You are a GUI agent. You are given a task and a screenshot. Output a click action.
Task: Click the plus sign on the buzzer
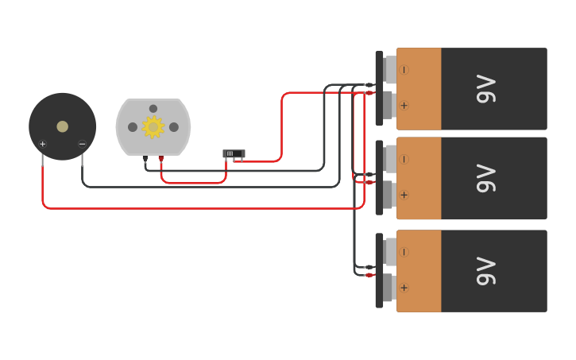[42, 144]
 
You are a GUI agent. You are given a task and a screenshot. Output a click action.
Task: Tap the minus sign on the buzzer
[82, 144]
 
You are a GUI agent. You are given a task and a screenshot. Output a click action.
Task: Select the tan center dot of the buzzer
[62, 126]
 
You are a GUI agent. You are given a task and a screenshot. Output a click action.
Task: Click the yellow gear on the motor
[153, 127]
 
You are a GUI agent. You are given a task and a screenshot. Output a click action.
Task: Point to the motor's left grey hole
[133, 127]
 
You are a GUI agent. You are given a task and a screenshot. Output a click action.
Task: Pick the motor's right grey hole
[173, 127]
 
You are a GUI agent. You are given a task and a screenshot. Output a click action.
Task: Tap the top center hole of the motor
[153, 109]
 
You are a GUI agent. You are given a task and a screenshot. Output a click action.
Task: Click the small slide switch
[234, 153]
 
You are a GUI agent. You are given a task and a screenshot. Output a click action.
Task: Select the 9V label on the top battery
[485, 89]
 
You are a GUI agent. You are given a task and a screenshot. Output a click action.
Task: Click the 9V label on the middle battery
[485, 178]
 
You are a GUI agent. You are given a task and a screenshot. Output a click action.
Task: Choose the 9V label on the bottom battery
[485, 271]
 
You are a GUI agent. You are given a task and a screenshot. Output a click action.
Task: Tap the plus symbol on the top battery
[404, 106]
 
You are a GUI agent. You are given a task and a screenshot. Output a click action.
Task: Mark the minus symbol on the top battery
[404, 70]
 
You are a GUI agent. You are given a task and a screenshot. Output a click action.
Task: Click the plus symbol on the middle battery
[404, 195]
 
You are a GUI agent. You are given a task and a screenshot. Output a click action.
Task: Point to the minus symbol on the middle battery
[404, 159]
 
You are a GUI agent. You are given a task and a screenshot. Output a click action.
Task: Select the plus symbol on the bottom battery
[404, 288]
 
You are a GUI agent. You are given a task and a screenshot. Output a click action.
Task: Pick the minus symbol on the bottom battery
[404, 252]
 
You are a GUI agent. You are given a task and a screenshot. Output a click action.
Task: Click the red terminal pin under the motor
[160, 159]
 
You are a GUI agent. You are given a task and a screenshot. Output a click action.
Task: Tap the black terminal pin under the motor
[145, 159]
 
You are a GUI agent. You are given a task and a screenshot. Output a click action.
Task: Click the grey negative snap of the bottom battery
[390, 252]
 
